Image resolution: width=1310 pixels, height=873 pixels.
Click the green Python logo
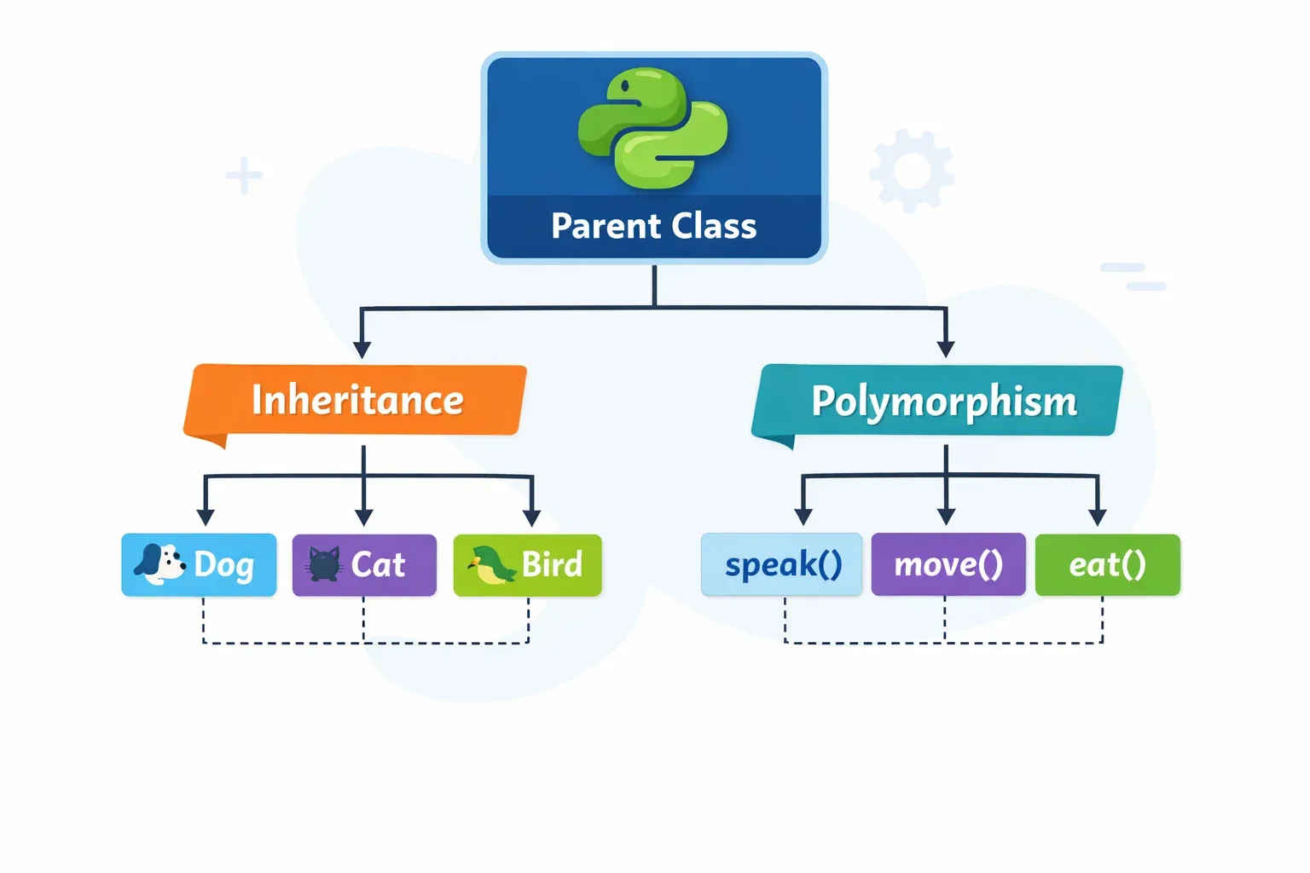pyautogui.click(x=653, y=128)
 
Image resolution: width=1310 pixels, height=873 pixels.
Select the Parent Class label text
pyautogui.click(x=653, y=227)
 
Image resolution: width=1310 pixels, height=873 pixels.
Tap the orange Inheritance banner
pyautogui.click(x=356, y=400)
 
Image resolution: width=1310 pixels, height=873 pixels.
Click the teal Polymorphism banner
pyautogui.click(x=942, y=401)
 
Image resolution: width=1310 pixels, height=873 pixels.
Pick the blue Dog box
pyautogui.click(x=199, y=564)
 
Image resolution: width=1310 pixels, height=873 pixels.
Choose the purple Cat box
pyautogui.click(x=364, y=564)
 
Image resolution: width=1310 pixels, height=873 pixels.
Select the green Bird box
pyautogui.click(x=527, y=564)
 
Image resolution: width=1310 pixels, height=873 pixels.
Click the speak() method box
pyautogui.click(x=781, y=564)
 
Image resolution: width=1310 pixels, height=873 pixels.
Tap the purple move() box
pyautogui.click(x=948, y=564)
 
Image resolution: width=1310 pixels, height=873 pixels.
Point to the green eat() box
pyautogui.click(x=1107, y=564)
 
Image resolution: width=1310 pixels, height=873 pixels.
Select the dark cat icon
pyautogui.click(x=324, y=564)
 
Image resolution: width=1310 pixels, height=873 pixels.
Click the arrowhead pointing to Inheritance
pyautogui.click(x=362, y=350)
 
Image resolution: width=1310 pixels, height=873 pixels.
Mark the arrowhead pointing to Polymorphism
pyautogui.click(x=945, y=349)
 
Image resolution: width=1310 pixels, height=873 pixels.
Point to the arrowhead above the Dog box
pyautogui.click(x=205, y=517)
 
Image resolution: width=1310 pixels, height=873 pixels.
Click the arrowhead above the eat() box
pyautogui.click(x=1098, y=517)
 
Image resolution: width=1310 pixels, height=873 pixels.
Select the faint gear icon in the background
pyautogui.click(x=912, y=171)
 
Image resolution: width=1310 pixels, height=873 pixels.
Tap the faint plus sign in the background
pyautogui.click(x=244, y=176)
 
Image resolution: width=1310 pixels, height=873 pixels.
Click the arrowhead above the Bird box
pyautogui.click(x=532, y=517)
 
